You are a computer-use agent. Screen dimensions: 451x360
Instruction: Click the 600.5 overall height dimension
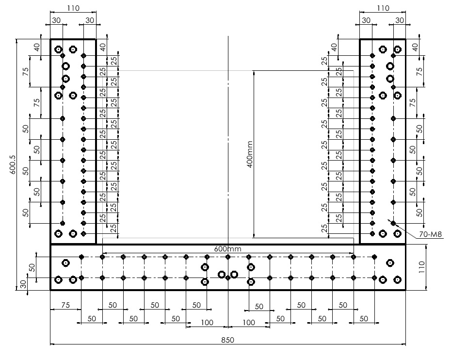coord(13,164)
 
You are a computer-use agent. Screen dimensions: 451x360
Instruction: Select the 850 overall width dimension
coord(227,340)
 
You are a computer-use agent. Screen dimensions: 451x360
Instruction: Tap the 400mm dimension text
coord(250,154)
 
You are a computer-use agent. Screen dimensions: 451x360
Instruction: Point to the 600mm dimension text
coord(227,249)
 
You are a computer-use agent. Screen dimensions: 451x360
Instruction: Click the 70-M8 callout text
coord(430,234)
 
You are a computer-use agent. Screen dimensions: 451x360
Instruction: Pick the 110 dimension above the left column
coord(73,8)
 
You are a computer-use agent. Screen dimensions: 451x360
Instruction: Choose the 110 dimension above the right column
coord(383,8)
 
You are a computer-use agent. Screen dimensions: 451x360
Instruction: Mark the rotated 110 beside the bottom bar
coord(421,267)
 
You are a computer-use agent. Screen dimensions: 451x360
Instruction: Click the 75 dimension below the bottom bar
coord(65,305)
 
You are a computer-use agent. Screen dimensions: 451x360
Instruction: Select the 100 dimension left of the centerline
coord(207,323)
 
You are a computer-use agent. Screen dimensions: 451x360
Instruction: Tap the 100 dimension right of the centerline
coord(248,323)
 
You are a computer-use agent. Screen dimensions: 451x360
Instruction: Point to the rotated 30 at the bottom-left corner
coord(23,284)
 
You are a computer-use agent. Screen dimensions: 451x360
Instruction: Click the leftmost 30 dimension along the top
coord(56,20)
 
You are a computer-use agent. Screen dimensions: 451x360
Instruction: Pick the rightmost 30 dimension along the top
coord(400,20)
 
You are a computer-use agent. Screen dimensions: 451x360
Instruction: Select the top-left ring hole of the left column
coord(58,49)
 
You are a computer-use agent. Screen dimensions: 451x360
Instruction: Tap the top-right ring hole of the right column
coord(398,49)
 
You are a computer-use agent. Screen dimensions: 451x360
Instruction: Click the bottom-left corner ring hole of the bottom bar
coord(58,280)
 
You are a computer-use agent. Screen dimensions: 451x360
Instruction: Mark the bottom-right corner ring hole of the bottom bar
coord(398,279)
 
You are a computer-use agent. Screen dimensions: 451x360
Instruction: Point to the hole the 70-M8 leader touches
coord(393,223)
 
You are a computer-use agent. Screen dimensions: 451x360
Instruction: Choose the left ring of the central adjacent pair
coord(222,274)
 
